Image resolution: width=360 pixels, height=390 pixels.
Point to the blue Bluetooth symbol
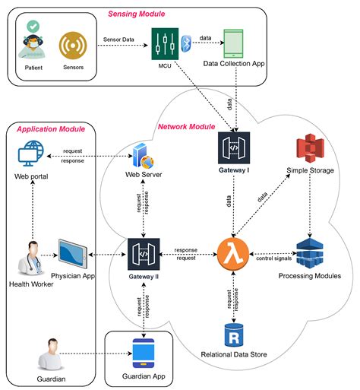(184, 43)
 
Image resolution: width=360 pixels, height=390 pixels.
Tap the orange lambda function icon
(233, 252)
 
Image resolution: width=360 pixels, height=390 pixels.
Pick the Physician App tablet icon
(74, 252)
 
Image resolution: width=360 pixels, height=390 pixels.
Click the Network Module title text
(186, 127)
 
